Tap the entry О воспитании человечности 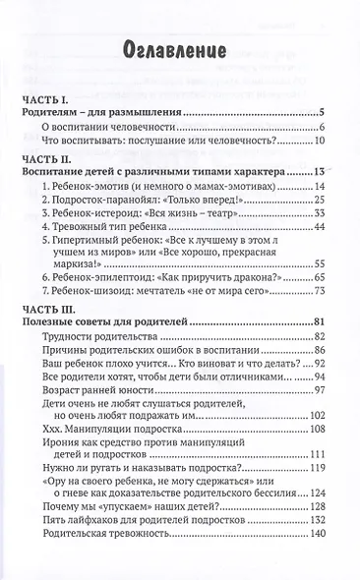pyautogui.click(x=108, y=133)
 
